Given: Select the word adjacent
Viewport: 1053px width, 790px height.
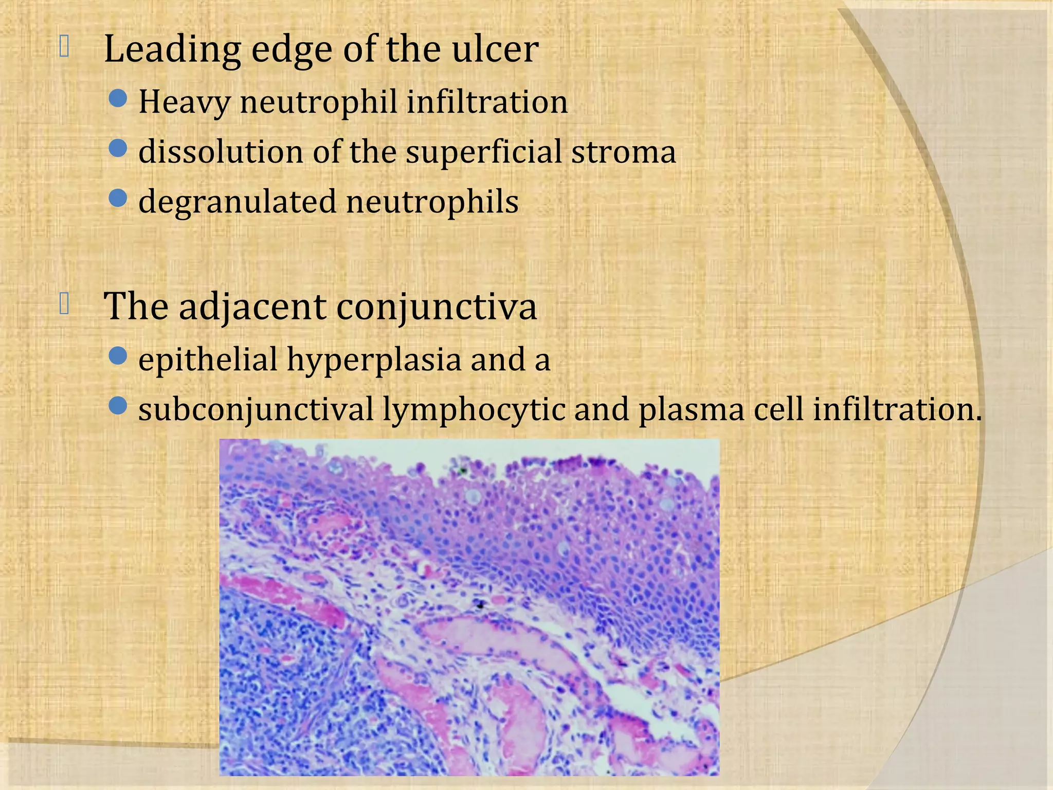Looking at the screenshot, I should coord(252,308).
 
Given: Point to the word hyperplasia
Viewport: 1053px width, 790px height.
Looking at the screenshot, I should coord(374,360).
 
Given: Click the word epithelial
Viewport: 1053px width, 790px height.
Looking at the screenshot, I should coord(208,360).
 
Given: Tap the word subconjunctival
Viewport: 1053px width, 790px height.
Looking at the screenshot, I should coord(256,410).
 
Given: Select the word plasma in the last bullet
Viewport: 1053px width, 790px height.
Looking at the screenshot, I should coord(691,410).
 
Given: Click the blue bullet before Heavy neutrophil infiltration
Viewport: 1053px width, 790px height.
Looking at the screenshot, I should coord(118,98).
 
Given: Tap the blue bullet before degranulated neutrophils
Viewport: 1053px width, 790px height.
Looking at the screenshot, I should coord(118,198).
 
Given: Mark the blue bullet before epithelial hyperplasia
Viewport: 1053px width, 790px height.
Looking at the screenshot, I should coord(118,355).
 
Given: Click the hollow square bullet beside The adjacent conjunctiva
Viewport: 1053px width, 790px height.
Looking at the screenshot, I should coord(64,303).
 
